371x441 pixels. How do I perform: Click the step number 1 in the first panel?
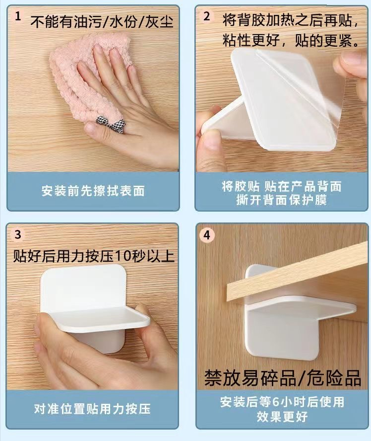coord(18,16)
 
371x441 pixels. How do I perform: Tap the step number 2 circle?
coord(207,16)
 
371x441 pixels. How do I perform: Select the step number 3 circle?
coord(18,234)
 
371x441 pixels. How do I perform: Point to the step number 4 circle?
coord(207,234)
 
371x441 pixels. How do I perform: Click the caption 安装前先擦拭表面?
coord(93,191)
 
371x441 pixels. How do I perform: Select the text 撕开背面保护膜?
coord(281,200)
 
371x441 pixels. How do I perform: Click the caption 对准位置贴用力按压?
coord(92,409)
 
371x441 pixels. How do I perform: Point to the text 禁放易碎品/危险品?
coord(283,377)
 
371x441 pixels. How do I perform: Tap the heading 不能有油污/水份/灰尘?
coord(101,22)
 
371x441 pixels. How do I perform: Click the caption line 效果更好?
coord(282,416)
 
